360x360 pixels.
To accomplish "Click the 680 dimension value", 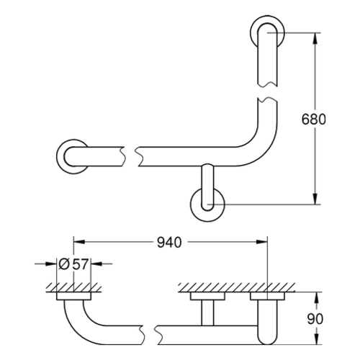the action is pyautogui.click(x=313, y=119).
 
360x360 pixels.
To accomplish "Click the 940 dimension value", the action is pyautogui.click(x=169, y=242).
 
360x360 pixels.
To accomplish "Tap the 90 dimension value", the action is pyautogui.click(x=315, y=319).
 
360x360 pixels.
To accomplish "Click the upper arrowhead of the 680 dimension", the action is pyautogui.click(x=316, y=38).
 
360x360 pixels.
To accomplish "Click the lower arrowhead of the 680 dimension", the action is pyautogui.click(x=316, y=199).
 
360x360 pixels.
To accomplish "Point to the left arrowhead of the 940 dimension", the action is pyautogui.click(x=79, y=242).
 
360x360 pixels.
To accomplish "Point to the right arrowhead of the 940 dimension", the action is pyautogui.click(x=261, y=242).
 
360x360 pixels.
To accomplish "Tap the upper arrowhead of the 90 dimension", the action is pyautogui.click(x=317, y=297).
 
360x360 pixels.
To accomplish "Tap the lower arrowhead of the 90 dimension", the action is pyautogui.click(x=317, y=339).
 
